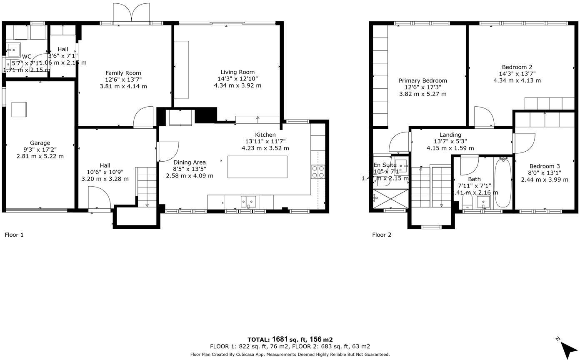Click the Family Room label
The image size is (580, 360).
pos(123,73)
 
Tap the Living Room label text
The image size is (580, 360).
pos(237,72)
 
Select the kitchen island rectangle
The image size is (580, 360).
pos(257,167)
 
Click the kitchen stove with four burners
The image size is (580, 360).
pos(318,172)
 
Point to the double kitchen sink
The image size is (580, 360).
pos(248,201)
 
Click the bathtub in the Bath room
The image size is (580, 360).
pos(503,183)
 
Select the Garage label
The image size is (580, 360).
pos(40,143)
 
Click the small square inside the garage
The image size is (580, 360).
pos(19,109)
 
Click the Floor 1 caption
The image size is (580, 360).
pos(14,235)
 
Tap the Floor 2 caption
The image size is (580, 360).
pos(382,235)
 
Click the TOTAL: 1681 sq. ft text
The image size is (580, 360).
pos(290,340)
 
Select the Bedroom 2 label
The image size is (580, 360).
pos(517,67)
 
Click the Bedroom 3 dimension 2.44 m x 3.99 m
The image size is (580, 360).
pos(545,180)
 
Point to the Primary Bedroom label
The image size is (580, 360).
pos(422,81)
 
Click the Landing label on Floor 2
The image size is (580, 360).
pos(450,135)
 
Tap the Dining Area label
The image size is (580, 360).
pos(189,162)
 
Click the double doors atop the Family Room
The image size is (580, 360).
pos(131,13)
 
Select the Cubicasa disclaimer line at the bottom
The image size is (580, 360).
pos(290,355)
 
